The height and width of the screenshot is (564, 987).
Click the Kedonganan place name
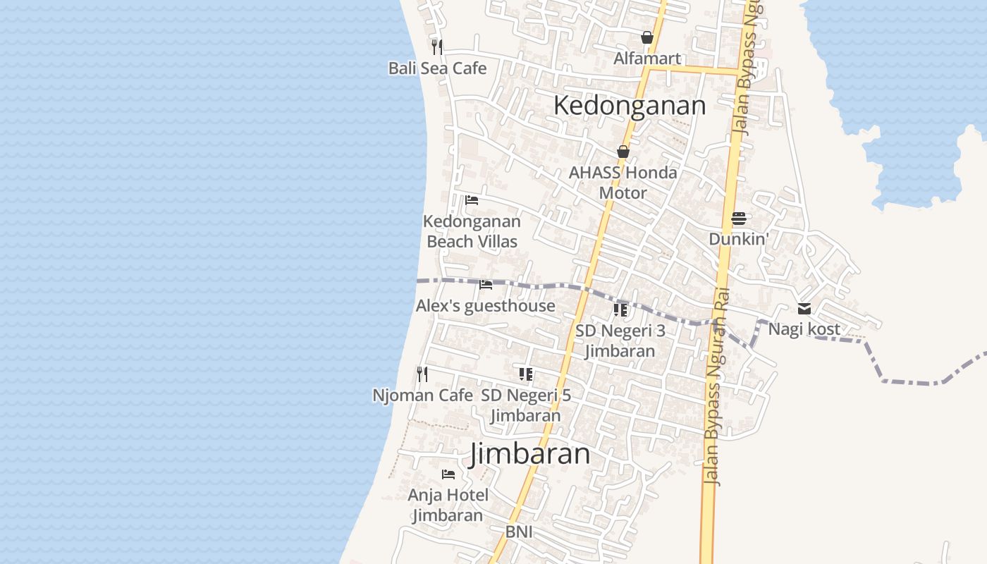click(629, 106)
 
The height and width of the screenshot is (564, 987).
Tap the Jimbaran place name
click(530, 453)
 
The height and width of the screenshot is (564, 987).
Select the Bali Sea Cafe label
click(437, 68)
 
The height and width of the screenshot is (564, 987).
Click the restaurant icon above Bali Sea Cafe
click(437, 47)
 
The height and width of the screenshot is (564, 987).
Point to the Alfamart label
click(646, 59)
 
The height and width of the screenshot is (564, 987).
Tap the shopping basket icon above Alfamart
click(646, 37)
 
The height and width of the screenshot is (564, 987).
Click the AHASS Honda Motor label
click(623, 183)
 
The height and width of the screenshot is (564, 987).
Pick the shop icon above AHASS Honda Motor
click(623, 152)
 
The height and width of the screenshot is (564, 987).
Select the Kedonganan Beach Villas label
click(472, 231)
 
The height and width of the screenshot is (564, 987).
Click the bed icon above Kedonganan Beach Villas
click(472, 200)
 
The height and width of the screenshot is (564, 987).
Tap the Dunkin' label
click(738, 239)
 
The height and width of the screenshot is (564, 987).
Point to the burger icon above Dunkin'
click(738, 219)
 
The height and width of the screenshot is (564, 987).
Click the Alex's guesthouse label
click(485, 306)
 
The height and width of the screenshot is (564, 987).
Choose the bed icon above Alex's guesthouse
click(485, 285)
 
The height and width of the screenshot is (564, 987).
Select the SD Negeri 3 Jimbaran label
click(620, 341)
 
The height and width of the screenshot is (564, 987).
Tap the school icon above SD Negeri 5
click(525, 374)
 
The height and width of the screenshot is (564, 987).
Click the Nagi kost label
click(804, 329)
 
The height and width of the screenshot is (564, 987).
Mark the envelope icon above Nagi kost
click(804, 309)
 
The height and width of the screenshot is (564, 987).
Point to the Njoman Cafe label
click(422, 396)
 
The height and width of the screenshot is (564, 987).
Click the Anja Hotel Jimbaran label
click(448, 505)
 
